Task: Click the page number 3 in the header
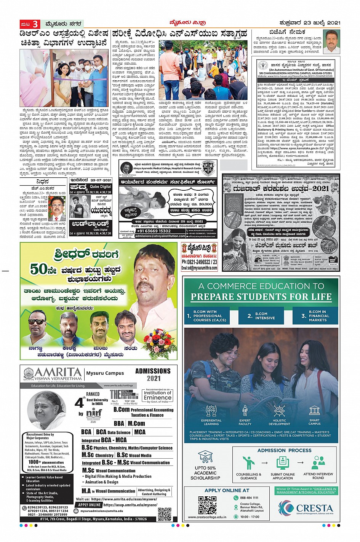(35, 24)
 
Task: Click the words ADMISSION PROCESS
(284, 450)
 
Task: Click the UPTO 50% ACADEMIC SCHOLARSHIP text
(205, 473)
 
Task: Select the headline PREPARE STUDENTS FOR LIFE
(261, 297)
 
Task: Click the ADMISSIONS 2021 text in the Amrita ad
(153, 374)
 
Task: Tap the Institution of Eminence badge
(157, 395)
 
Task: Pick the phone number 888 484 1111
(249, 497)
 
